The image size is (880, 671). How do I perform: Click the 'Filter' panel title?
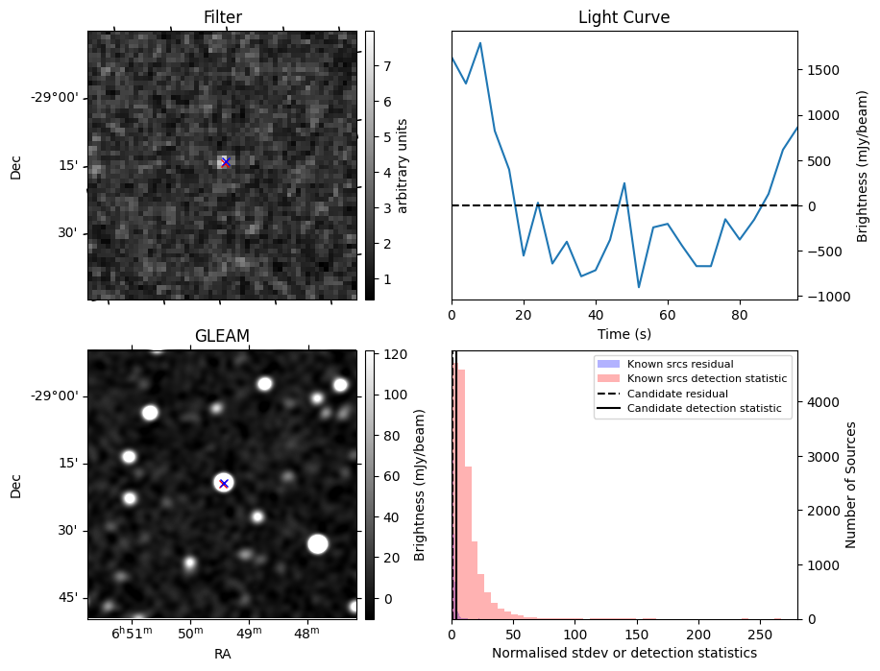pyautogui.click(x=222, y=17)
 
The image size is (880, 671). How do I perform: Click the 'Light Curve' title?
pyautogui.click(x=623, y=17)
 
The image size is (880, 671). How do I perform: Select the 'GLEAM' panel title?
pyautogui.click(x=222, y=335)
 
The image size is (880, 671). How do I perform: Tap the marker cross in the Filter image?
pyautogui.click(x=226, y=162)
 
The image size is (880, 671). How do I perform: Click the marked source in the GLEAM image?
pyautogui.click(x=224, y=483)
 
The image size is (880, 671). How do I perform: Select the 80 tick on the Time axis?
pyautogui.click(x=739, y=315)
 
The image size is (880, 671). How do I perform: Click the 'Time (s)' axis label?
pyautogui.click(x=623, y=333)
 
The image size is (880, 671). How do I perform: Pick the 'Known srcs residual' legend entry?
pyautogui.click(x=680, y=365)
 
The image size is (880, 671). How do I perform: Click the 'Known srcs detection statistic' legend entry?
pyautogui.click(x=706, y=379)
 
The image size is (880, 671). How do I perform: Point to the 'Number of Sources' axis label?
pyautogui.click(x=851, y=485)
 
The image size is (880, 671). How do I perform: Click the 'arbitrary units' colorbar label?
pyautogui.click(x=403, y=165)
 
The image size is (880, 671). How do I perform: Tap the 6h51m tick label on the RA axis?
pyautogui.click(x=132, y=635)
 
